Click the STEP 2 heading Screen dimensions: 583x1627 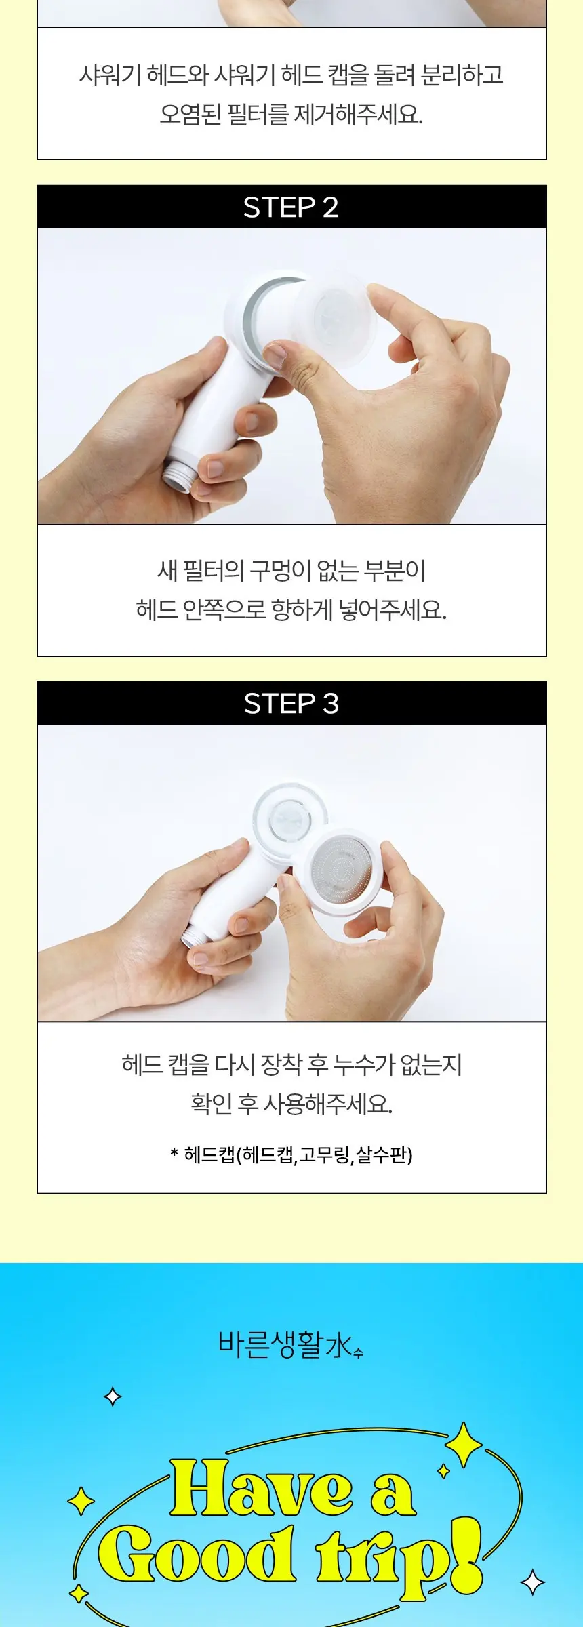click(x=291, y=207)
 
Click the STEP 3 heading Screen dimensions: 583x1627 click(x=291, y=704)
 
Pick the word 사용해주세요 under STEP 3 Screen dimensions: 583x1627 click(x=327, y=1104)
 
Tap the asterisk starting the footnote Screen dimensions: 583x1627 click(x=174, y=1152)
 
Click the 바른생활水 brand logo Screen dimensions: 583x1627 click(x=291, y=1345)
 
